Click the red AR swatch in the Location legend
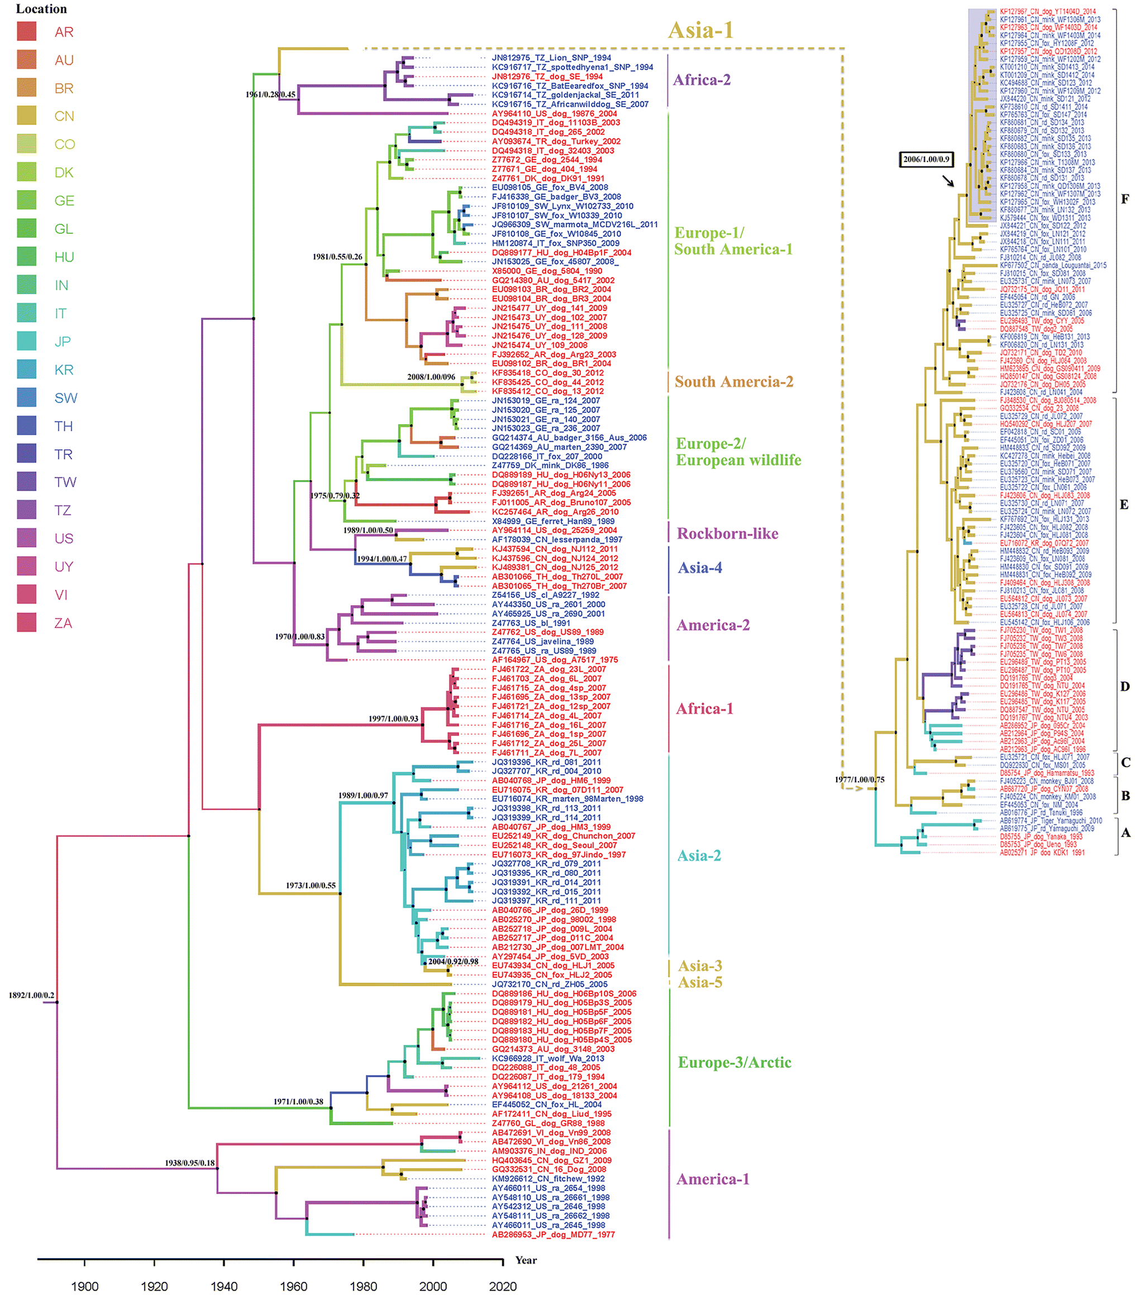point(27,31)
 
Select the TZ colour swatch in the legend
point(27,510)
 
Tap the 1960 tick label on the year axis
point(293,1286)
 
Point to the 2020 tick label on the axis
point(503,1286)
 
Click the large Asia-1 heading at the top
point(700,30)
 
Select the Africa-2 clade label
point(701,80)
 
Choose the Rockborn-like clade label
point(727,534)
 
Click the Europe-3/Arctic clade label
point(734,1063)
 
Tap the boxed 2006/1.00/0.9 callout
point(926,160)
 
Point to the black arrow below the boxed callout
point(947,181)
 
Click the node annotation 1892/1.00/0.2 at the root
point(31,995)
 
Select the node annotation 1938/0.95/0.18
point(189,1163)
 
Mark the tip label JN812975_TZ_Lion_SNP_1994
point(551,57)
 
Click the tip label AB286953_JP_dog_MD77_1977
point(553,1234)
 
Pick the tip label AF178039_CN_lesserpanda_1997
point(557,540)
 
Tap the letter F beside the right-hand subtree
point(1125,199)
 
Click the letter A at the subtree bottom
point(1125,833)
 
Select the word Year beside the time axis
point(526,1260)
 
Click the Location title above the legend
point(41,9)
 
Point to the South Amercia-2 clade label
point(733,382)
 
